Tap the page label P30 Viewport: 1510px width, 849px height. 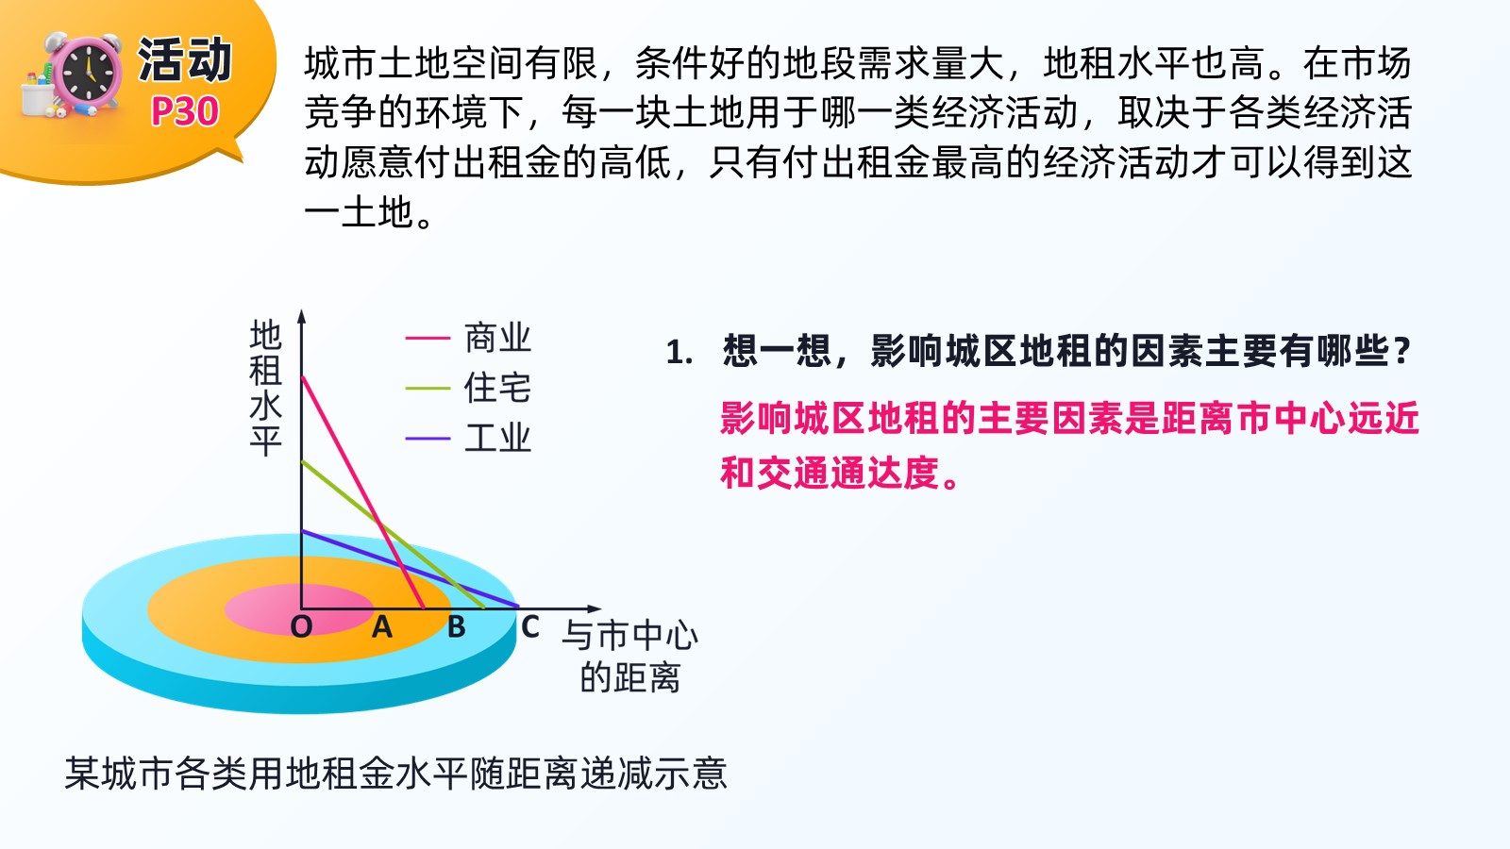coord(185,111)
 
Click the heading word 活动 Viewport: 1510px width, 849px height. coord(185,60)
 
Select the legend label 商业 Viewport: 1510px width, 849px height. coord(497,338)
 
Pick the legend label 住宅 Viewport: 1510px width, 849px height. coord(497,388)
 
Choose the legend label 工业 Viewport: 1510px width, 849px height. coord(497,438)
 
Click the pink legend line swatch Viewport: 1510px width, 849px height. coord(428,338)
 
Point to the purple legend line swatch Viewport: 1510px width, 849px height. coord(428,439)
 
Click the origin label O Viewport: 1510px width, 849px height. coord(301,627)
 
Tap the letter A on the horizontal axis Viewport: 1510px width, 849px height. coord(381,627)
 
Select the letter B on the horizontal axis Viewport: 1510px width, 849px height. coord(457,627)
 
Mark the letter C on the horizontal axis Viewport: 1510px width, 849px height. coord(529,627)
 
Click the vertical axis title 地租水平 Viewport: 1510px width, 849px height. coord(265,388)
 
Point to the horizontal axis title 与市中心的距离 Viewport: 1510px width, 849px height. coord(629,657)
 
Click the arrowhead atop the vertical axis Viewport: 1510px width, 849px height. coord(302,317)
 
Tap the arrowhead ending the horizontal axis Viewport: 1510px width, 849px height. coord(594,609)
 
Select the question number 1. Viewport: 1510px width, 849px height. coord(679,353)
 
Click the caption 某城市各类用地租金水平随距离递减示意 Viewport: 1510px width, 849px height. coord(395,773)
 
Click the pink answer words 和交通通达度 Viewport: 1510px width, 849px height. coord(839,473)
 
